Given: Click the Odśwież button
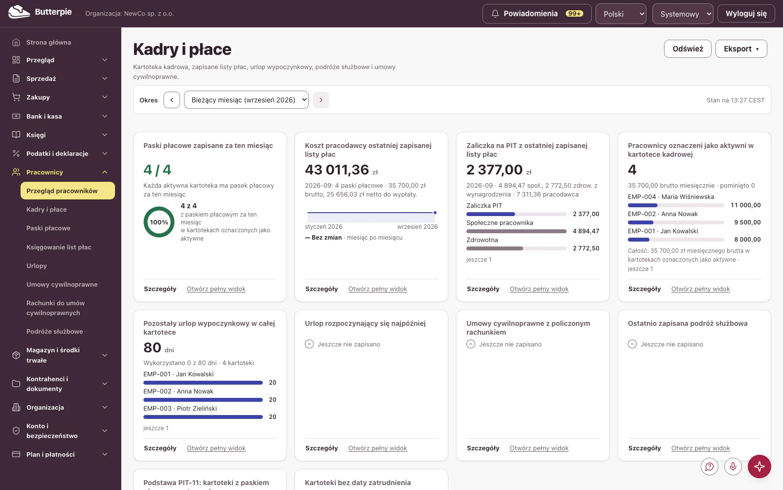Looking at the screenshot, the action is tap(687, 49).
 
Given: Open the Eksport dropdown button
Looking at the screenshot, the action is tap(741, 49).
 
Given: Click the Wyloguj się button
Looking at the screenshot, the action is tap(746, 14).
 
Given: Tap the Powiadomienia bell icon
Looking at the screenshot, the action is tap(495, 14).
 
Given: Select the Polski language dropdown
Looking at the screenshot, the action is tap(621, 14).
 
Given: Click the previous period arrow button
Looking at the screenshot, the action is tap(172, 100).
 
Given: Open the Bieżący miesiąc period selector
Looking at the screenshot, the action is tap(246, 100).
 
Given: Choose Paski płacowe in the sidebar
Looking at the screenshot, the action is tap(48, 228).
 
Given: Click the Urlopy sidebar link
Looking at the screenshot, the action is tap(37, 266).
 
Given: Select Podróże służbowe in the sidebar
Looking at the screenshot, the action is tap(54, 331).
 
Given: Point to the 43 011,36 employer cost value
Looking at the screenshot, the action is tap(337, 170).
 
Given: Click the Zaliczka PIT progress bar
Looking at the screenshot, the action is tap(516, 214).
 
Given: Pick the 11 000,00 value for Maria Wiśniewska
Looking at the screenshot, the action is tap(746, 205).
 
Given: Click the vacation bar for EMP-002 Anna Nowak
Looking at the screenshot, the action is tap(203, 400).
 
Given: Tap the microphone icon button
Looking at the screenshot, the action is tap(733, 466).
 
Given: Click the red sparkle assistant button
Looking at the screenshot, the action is tap(759, 466).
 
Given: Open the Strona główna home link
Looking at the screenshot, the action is tap(48, 42).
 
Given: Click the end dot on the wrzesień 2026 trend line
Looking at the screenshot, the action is tap(435, 213).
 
